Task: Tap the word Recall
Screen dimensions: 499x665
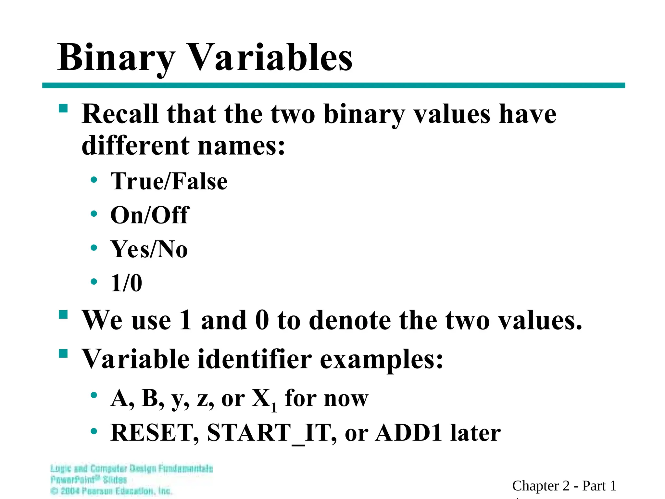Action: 120,114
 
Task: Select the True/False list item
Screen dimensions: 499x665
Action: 169,181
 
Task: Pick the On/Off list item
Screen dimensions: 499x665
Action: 149,215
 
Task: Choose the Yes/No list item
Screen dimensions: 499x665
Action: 149,249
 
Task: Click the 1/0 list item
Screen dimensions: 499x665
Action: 126,283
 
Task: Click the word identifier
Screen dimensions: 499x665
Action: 255,359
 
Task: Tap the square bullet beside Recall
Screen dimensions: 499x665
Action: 63,108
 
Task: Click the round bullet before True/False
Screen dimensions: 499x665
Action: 94,180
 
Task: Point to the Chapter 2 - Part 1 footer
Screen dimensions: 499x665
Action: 564,486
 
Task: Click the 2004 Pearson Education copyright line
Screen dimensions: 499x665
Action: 111,491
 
